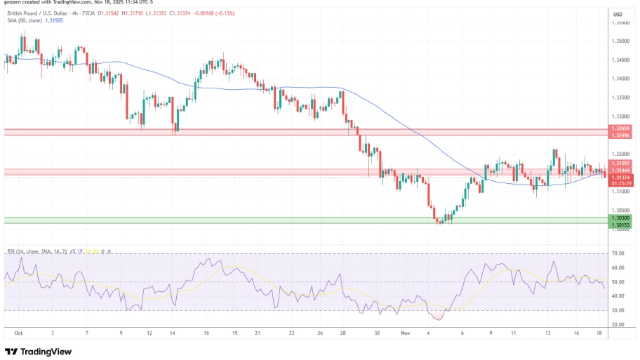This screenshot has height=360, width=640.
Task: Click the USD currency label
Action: point(618,14)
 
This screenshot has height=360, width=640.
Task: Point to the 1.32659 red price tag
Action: point(621,128)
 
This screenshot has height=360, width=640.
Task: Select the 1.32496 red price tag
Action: point(621,135)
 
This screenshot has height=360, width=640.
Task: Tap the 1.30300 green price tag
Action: point(621,218)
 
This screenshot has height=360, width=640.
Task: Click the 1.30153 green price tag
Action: point(621,225)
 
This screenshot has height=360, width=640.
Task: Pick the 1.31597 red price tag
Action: point(621,164)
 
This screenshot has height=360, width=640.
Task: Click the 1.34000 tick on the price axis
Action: point(620,79)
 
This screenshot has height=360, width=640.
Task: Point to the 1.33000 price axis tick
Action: point(620,116)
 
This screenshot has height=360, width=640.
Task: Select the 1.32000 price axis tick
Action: point(620,154)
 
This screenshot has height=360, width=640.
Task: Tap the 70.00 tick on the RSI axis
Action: point(618,253)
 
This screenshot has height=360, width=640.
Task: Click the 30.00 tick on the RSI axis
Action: point(618,310)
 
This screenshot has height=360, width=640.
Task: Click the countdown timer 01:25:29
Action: point(621,183)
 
